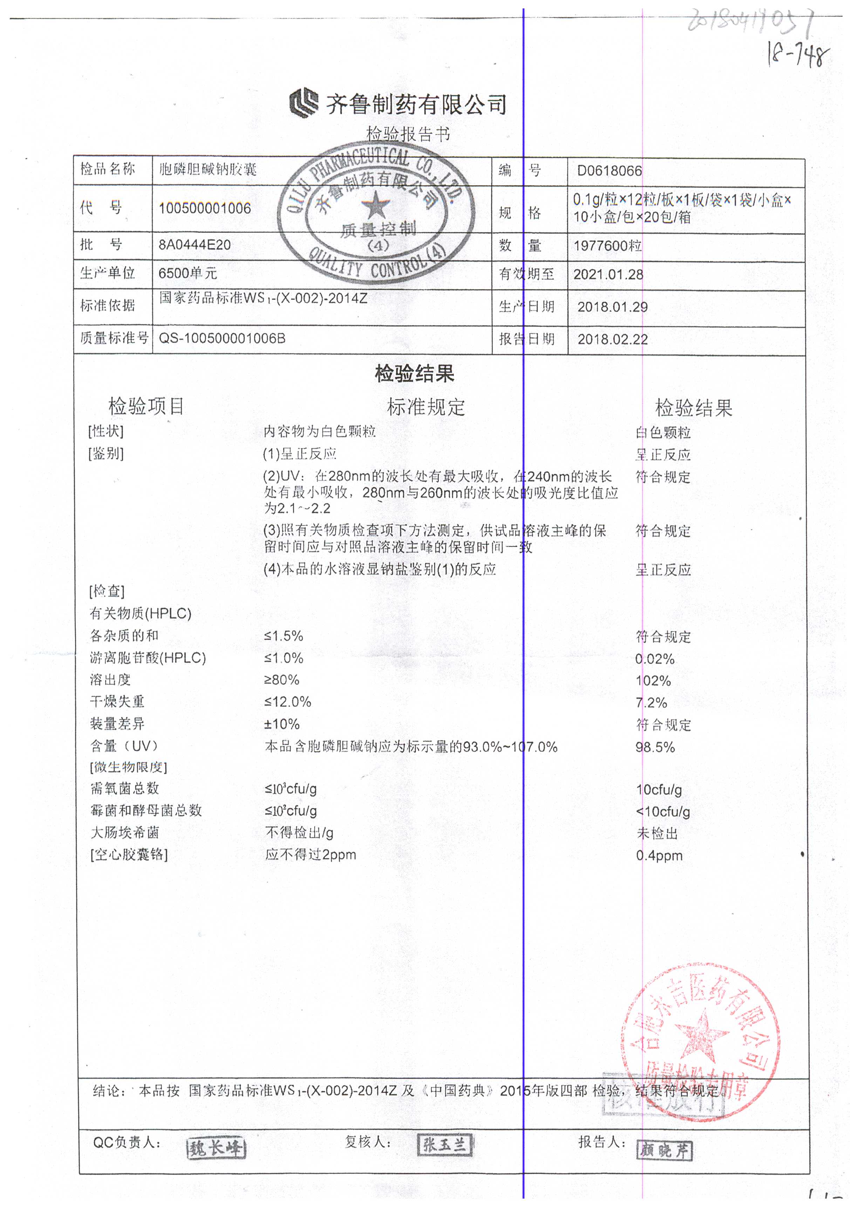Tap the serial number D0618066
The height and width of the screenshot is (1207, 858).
609,171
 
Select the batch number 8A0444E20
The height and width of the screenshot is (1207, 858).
195,245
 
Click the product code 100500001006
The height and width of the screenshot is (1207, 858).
205,208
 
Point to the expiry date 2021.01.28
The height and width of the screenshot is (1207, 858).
608,274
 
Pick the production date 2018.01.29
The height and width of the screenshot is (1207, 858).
612,307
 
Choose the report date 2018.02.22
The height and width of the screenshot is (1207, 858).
612,339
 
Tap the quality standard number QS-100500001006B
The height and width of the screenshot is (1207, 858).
222,338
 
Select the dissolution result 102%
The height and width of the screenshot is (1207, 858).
653,681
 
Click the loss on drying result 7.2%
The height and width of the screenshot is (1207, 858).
651,703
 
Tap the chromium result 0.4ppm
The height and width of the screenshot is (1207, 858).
659,855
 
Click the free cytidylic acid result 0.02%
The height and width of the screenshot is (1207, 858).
655,659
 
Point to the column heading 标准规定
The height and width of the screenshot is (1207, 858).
426,407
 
